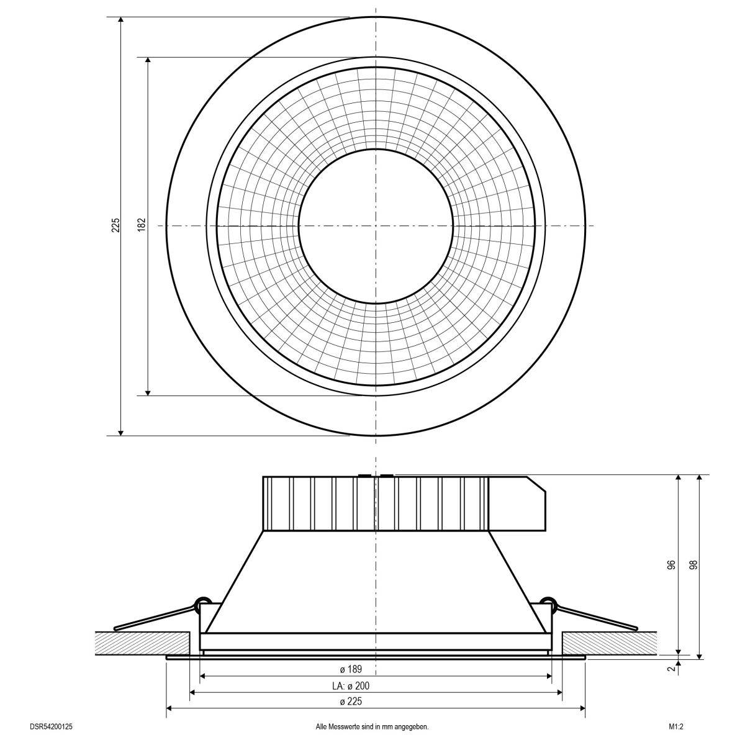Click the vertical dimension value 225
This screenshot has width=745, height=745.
(x=115, y=225)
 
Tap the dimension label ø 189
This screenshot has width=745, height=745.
(x=351, y=669)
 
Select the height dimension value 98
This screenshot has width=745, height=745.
(x=693, y=566)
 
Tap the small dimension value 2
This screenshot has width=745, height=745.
(x=670, y=669)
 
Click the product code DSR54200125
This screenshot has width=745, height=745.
(x=55, y=726)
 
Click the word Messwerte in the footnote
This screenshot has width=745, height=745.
(x=352, y=726)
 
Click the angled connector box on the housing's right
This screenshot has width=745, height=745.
(x=518, y=503)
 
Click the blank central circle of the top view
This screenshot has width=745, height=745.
(x=375, y=225)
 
